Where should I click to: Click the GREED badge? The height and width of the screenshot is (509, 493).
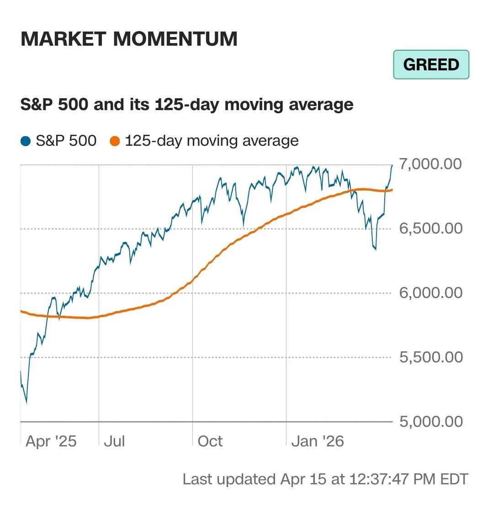pyautogui.click(x=431, y=64)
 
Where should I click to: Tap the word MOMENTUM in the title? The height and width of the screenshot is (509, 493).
pyautogui.click(x=175, y=39)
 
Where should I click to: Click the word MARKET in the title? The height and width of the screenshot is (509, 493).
pyautogui.click(x=64, y=39)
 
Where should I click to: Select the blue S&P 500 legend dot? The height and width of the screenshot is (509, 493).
pyautogui.click(x=26, y=141)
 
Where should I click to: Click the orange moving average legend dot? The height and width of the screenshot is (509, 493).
pyautogui.click(x=115, y=141)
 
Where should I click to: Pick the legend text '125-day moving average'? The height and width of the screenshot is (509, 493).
pyautogui.click(x=212, y=141)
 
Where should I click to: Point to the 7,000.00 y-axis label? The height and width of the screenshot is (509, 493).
pyautogui.click(x=430, y=164)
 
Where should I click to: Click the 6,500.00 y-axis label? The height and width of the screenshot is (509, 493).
pyautogui.click(x=430, y=228)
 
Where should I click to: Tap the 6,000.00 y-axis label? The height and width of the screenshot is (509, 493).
pyautogui.click(x=430, y=292)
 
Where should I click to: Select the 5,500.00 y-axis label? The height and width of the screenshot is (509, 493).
pyautogui.click(x=430, y=357)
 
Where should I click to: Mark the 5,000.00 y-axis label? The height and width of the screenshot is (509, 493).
pyautogui.click(x=430, y=421)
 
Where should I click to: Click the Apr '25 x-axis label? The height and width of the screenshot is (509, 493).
pyautogui.click(x=51, y=441)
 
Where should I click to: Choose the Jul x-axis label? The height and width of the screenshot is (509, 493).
pyautogui.click(x=114, y=441)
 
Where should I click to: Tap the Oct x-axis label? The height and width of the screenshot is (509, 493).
pyautogui.click(x=210, y=441)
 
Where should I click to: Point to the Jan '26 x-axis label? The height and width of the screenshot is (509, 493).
pyautogui.click(x=318, y=441)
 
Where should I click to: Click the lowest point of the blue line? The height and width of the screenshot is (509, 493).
pyautogui.click(x=26, y=403)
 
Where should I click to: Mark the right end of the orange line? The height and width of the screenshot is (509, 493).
pyautogui.click(x=392, y=190)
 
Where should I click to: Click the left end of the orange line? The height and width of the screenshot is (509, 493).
pyautogui.click(x=21, y=311)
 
